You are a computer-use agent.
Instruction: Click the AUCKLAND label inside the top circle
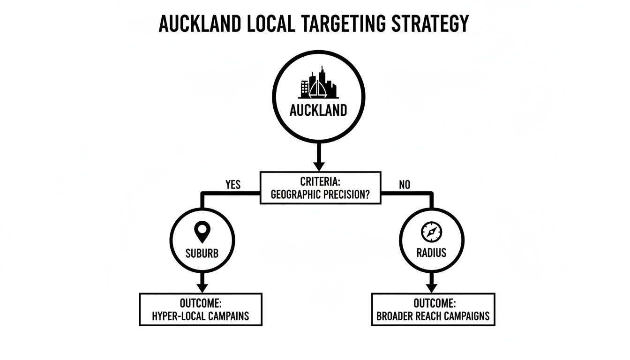click(x=318, y=111)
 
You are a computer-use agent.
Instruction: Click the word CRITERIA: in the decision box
click(x=318, y=181)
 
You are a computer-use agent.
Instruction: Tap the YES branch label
click(x=233, y=185)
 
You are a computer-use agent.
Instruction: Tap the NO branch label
click(x=405, y=185)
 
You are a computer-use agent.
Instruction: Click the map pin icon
click(x=202, y=232)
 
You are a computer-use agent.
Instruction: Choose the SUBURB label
click(x=202, y=253)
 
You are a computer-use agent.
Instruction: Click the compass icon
click(x=431, y=231)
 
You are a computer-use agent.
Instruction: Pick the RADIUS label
click(x=431, y=253)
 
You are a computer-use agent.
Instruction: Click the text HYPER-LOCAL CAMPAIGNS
click(x=201, y=316)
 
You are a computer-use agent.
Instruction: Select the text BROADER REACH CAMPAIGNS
click(x=433, y=316)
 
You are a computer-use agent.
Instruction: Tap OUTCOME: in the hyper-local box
click(x=201, y=303)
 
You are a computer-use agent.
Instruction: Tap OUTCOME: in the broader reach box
click(x=433, y=303)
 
